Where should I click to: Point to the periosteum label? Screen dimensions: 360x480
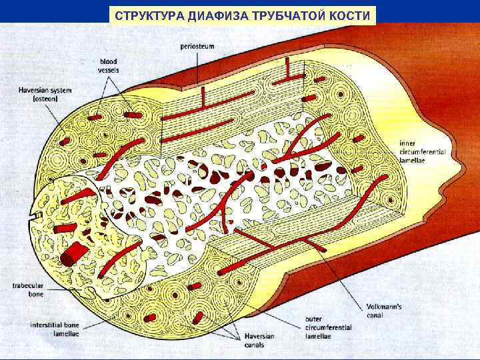click(197, 47)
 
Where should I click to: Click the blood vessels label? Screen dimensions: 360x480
click(108, 65)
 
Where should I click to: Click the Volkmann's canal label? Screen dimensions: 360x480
click(384, 311)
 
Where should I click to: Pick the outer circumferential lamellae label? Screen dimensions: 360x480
click(323, 327)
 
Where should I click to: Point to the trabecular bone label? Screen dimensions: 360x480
click(27, 289)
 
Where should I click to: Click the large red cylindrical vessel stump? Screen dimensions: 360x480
click(72, 253)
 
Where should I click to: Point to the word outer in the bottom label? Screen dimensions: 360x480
click(313, 319)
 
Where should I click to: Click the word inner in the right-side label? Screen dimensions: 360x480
click(408, 142)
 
